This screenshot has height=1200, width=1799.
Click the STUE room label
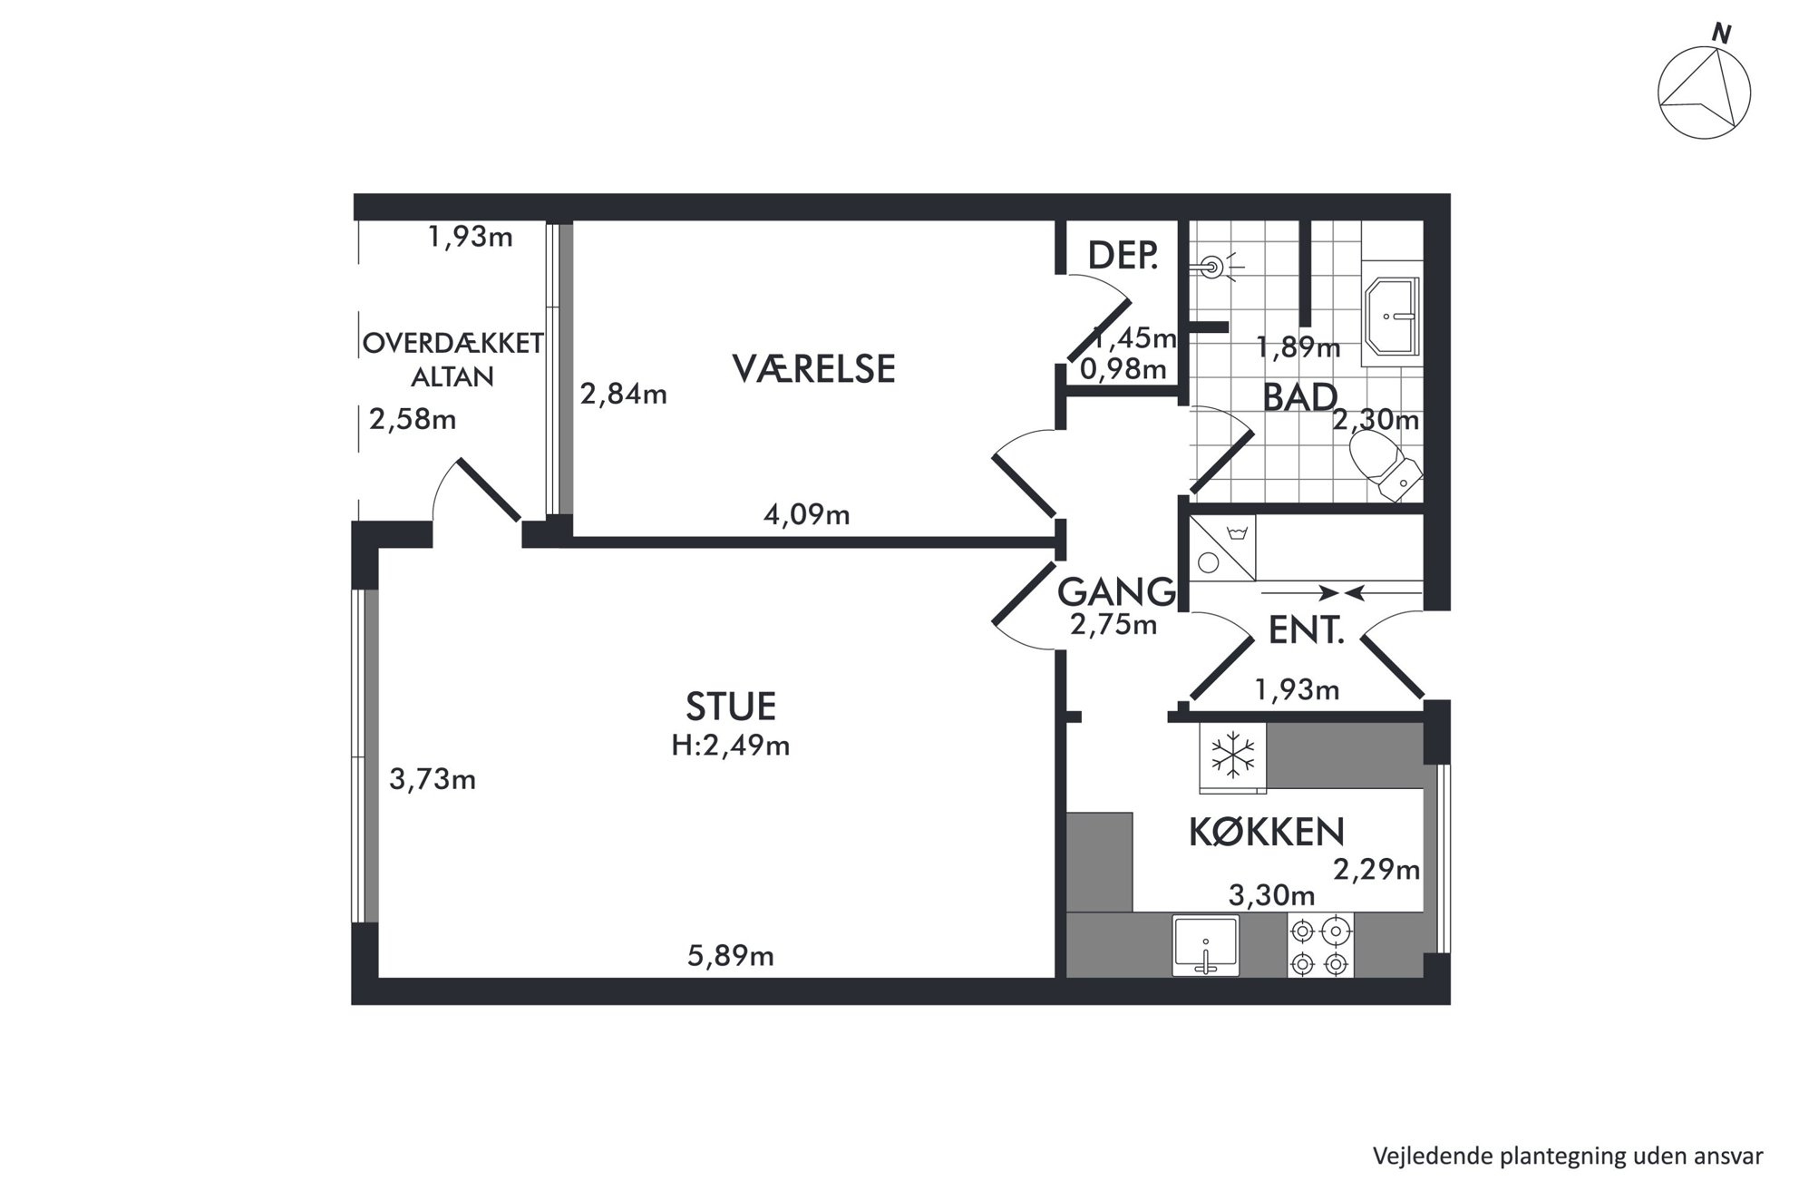point(731,706)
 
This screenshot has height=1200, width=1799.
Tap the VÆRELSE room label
point(813,369)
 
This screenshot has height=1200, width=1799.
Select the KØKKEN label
point(1266,832)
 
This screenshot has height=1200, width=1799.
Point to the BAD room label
point(1299,397)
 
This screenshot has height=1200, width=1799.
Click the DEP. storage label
point(1123,256)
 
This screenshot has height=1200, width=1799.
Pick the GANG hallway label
point(1116,592)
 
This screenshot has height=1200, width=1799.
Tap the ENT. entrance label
point(1305,630)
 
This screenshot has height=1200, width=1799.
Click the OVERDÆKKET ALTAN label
point(452,359)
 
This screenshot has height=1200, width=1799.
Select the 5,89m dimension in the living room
point(730,956)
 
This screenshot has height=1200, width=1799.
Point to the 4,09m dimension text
point(807,515)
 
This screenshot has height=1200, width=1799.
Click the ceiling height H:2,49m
point(731,746)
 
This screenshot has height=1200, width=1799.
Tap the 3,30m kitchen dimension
point(1271,896)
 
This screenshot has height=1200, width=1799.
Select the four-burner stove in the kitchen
point(1320,945)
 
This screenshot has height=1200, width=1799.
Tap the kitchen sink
point(1206,946)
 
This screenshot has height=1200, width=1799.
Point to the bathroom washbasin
point(1393,317)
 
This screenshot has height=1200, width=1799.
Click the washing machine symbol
point(1221,548)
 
